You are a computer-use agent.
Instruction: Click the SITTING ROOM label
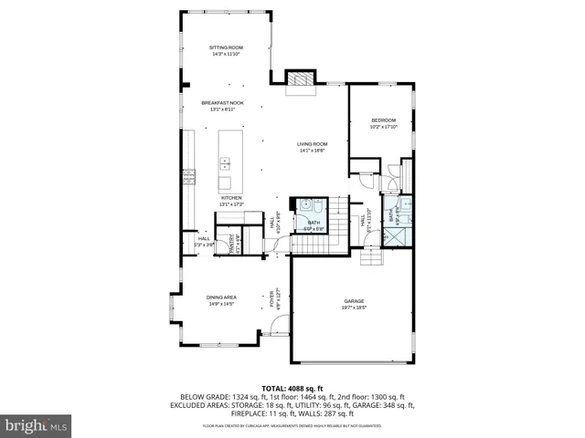tap(225, 47)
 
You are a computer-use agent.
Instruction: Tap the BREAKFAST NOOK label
tap(223, 103)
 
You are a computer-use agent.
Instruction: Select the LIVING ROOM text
tap(312, 143)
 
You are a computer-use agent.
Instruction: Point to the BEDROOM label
tap(383, 120)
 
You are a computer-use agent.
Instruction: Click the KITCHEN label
tap(230, 197)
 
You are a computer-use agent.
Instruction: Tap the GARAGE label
tap(355, 301)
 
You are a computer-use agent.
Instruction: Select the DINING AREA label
tap(221, 297)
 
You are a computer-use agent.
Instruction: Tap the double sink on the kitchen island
tap(225, 165)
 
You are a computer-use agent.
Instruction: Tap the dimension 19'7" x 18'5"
tap(355, 308)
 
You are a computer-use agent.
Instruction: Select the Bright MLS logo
tap(37, 425)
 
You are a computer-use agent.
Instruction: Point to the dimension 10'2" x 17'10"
tap(383, 127)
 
